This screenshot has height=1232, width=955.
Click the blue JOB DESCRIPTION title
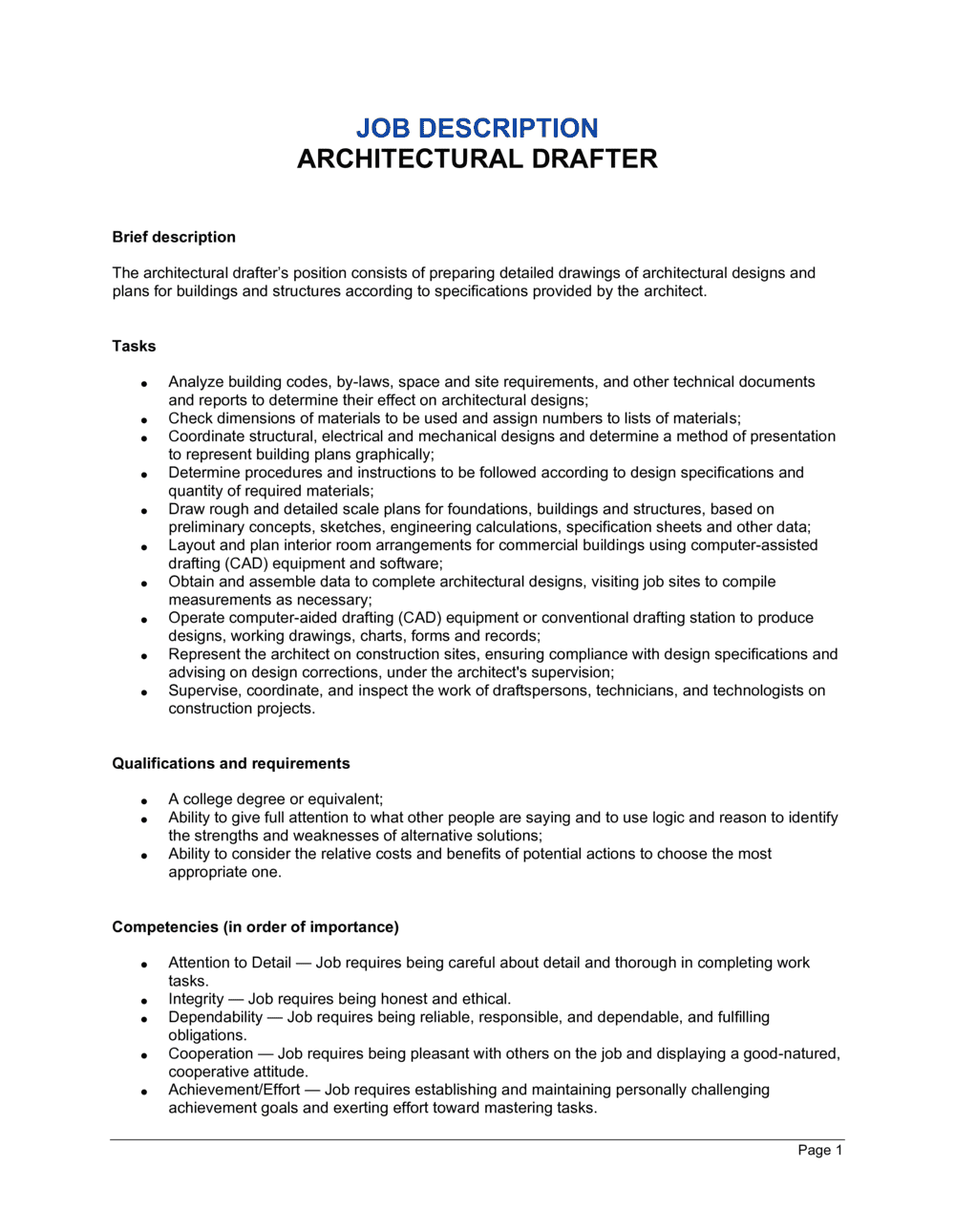(477, 128)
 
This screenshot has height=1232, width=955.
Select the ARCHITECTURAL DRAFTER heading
(477, 159)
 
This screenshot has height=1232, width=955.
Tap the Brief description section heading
(174, 237)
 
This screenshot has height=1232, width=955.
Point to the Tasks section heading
(134, 346)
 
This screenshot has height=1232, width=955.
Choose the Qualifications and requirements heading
(230, 763)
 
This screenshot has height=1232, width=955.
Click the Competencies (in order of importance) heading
(255, 926)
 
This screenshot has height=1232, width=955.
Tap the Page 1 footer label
(819, 1150)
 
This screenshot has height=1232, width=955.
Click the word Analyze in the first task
(196, 382)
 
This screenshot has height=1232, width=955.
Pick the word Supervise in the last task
(203, 690)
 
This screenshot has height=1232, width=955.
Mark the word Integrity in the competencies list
(196, 999)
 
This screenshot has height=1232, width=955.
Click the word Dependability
(215, 1017)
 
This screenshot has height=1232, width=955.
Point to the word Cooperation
(210, 1053)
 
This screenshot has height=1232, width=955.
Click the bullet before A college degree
(144, 800)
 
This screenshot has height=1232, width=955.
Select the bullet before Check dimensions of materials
(144, 420)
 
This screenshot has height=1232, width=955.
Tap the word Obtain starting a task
(192, 582)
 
